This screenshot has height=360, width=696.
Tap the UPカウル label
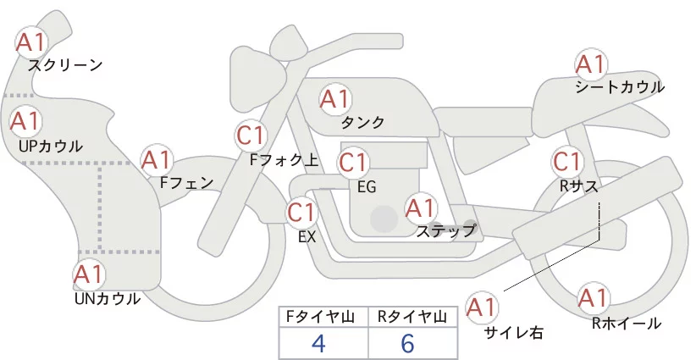click(50, 146)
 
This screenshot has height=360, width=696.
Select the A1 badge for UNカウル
click(89, 274)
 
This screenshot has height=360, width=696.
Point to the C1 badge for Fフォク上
click(251, 134)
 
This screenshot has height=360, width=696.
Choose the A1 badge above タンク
click(334, 99)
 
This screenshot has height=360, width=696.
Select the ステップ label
click(445, 230)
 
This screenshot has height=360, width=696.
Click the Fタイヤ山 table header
click(323, 317)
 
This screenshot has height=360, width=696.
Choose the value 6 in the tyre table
click(408, 343)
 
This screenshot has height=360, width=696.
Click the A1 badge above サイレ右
click(483, 307)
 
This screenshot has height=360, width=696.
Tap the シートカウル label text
click(619, 86)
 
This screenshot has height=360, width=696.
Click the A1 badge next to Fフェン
click(157, 159)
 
